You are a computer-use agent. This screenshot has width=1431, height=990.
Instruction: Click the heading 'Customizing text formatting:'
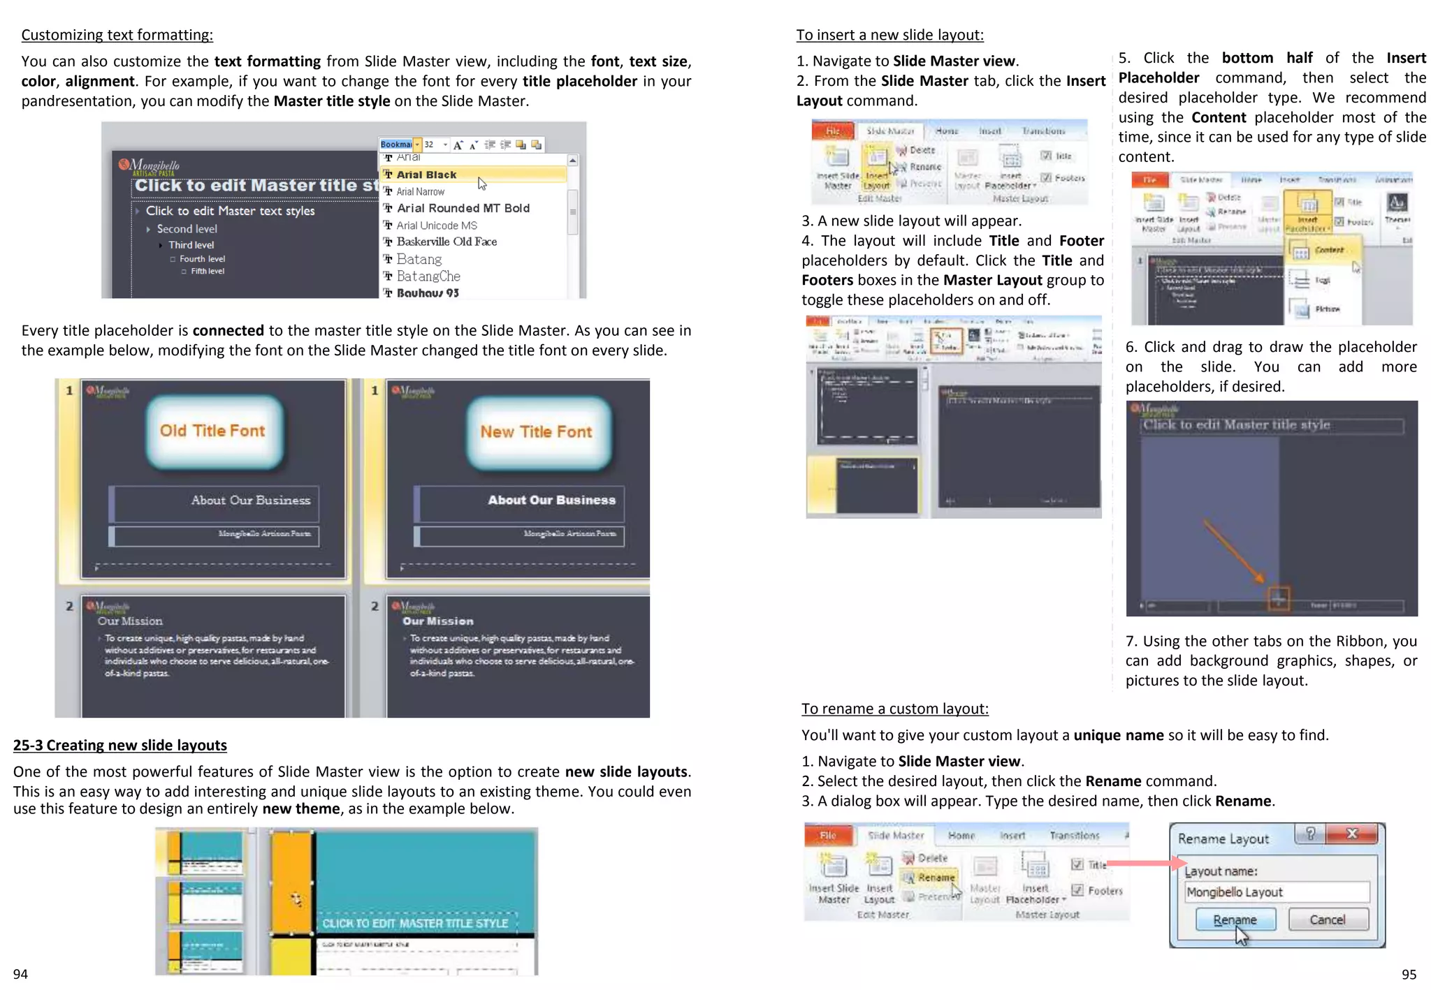[117, 35]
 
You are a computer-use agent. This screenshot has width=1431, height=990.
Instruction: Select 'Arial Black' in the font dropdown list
[426, 175]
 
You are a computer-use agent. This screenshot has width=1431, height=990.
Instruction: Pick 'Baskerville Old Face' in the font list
[446, 242]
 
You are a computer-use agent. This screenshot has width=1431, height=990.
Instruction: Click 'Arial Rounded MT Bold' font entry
[463, 208]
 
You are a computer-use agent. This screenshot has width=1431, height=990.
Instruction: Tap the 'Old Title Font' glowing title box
[212, 431]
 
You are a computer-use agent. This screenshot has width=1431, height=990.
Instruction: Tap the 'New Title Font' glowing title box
[536, 432]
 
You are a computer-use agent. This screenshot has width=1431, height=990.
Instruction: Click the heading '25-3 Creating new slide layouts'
[119, 745]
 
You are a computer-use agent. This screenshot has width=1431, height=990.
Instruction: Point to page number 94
[20, 974]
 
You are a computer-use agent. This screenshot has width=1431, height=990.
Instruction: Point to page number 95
[1409, 974]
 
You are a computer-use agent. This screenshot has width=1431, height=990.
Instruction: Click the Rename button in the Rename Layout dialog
[1235, 919]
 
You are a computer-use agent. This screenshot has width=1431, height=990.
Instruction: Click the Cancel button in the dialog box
[1327, 919]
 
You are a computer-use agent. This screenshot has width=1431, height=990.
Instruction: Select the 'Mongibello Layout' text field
[1276, 892]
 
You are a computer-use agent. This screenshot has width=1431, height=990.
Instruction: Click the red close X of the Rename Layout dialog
[1352, 834]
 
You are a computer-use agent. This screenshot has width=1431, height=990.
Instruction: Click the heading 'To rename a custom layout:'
[894, 709]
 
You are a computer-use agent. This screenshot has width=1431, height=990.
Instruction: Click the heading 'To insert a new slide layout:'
[889, 35]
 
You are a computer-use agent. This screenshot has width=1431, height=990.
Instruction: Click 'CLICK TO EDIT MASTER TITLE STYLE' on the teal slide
[415, 923]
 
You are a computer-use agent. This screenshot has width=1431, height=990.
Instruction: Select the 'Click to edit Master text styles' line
[230, 211]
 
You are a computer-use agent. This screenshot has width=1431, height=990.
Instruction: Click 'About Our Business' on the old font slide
[250, 501]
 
